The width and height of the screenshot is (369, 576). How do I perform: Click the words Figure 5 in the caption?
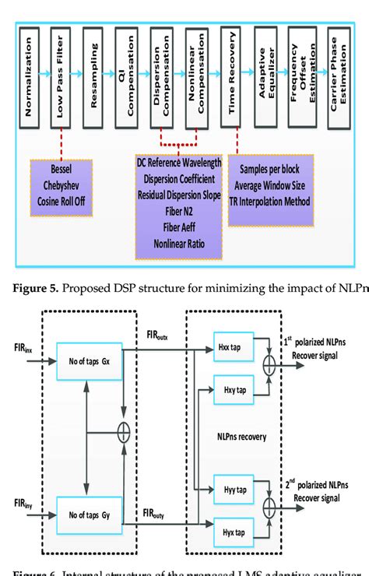tap(37, 289)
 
